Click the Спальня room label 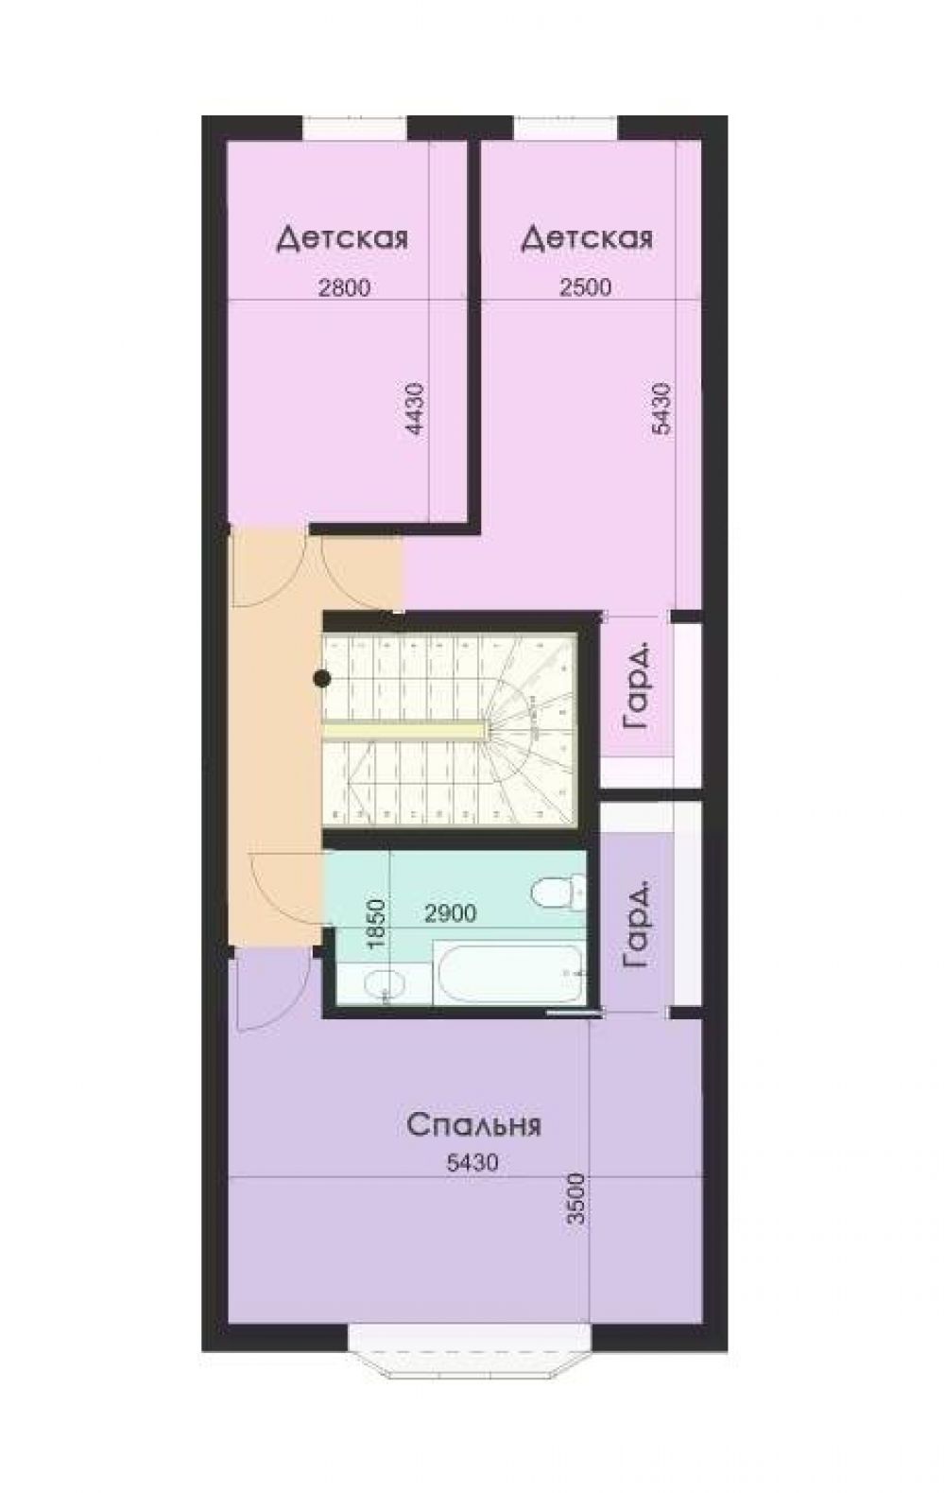(473, 1126)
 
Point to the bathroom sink (385, 983)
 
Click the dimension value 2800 (343, 287)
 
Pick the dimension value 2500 (586, 287)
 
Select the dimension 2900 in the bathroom (451, 913)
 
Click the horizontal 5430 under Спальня (472, 1163)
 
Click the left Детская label (342, 238)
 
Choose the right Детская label (587, 238)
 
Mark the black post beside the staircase (322, 679)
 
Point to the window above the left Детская (355, 128)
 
